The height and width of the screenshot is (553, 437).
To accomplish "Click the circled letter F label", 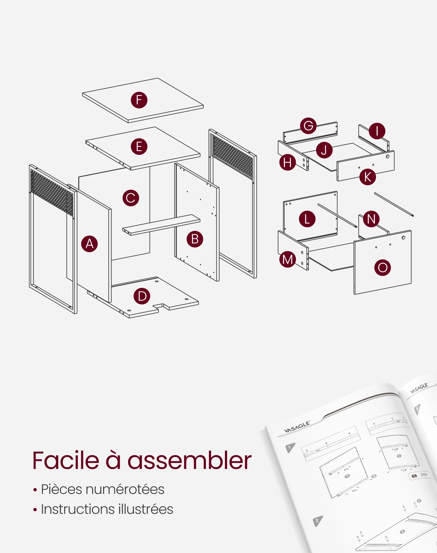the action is click(x=139, y=100).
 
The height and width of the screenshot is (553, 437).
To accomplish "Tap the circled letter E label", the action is click(x=139, y=147).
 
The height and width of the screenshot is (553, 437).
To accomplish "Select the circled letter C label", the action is click(x=131, y=198).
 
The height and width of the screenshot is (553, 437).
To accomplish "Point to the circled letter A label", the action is click(x=89, y=244).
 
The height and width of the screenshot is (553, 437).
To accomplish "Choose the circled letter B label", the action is click(x=195, y=239).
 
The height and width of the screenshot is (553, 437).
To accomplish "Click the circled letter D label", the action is click(x=142, y=296).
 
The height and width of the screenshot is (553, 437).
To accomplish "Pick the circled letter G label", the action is click(x=308, y=126).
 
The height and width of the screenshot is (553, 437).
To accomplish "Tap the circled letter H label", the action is click(x=287, y=162).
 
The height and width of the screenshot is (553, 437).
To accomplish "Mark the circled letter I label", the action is click(x=377, y=131).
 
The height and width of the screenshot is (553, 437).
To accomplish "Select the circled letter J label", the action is click(x=324, y=150).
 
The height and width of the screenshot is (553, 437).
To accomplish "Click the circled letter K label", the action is click(x=368, y=177).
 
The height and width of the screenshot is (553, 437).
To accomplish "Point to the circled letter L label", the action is click(x=307, y=219).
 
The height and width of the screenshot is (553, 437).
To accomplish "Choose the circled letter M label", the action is click(x=287, y=259).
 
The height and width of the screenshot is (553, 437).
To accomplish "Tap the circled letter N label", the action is click(x=371, y=219).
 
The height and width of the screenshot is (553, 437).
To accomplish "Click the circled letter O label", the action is click(x=383, y=267).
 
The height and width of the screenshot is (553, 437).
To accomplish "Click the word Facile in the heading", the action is click(x=66, y=461).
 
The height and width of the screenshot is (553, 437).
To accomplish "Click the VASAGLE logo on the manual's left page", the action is click(x=297, y=427).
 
